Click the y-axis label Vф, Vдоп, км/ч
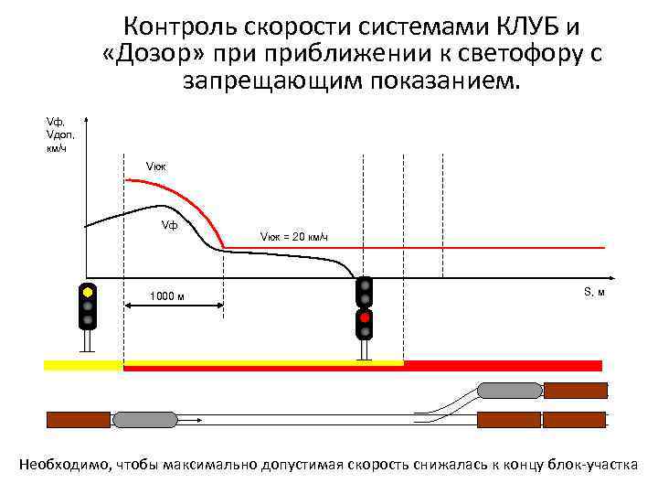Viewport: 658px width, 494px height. click(60, 133)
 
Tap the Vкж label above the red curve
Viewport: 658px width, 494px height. click(155, 166)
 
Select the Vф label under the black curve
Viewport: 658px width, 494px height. click(169, 224)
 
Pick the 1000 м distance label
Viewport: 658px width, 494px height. click(167, 295)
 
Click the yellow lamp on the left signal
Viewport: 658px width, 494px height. click(88, 293)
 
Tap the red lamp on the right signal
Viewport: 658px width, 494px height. click(365, 317)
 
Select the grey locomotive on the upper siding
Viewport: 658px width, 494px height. click(510, 390)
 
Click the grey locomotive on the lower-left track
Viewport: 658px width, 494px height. click(145, 420)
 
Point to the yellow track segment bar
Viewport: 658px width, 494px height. click(83, 365)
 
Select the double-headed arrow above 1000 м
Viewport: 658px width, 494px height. click(174, 282)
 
